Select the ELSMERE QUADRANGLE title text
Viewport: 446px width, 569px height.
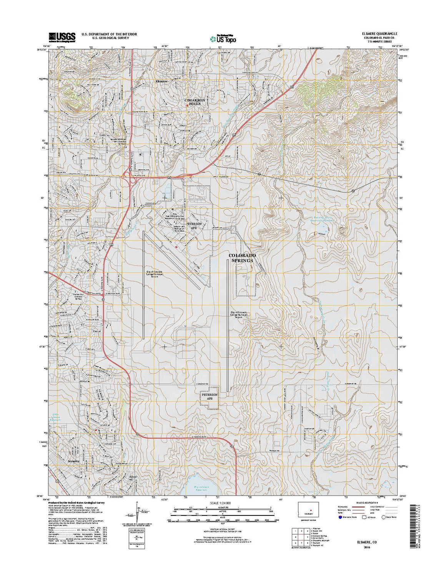377,33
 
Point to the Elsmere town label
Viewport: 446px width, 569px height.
162,82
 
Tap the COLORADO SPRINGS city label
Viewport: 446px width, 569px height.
241,258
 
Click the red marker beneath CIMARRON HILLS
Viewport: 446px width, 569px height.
187,105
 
